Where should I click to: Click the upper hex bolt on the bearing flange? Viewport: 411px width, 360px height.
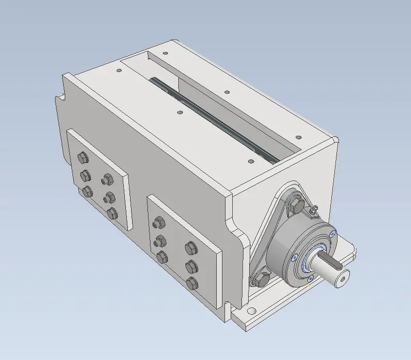295,207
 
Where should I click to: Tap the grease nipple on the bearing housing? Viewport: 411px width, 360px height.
313,209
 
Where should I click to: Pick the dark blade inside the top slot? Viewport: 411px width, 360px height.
216,118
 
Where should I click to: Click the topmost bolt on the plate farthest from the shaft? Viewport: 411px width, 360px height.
82,157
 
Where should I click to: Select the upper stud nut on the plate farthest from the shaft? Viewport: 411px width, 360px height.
107,179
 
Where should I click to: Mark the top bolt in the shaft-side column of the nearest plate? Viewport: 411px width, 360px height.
190,248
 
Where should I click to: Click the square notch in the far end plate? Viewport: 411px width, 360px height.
61,96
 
